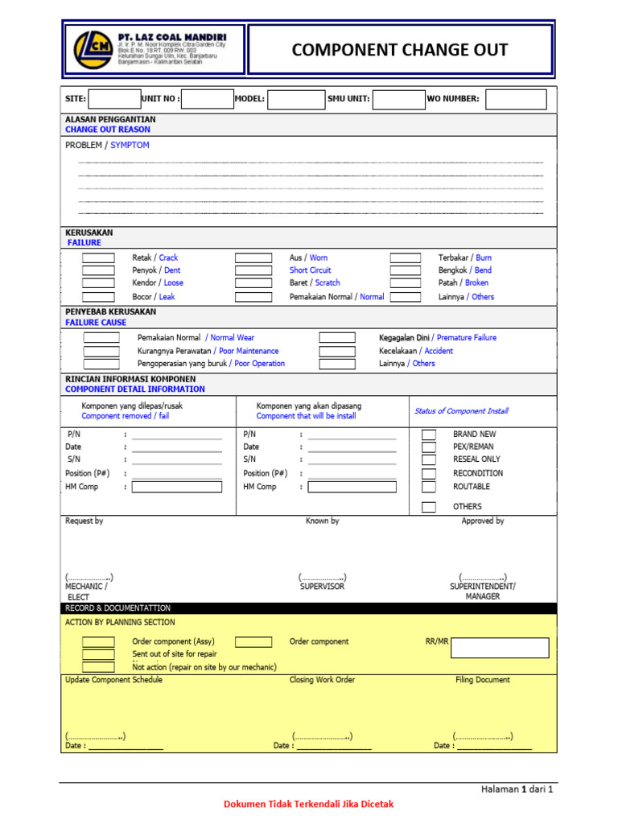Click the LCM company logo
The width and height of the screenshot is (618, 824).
click(x=93, y=49)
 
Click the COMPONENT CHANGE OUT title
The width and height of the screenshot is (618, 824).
click(x=399, y=50)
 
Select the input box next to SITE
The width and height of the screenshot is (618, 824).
click(x=114, y=99)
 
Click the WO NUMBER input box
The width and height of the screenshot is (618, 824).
click(x=516, y=99)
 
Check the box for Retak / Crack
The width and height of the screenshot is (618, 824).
click(x=98, y=258)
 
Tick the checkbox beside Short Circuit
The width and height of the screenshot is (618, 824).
click(x=253, y=270)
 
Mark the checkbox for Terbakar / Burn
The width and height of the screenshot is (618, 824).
click(x=406, y=258)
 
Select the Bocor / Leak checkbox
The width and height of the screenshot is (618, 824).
click(x=98, y=296)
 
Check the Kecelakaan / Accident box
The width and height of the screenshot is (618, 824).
click(x=337, y=351)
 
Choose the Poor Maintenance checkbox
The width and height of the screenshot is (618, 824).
click(x=101, y=351)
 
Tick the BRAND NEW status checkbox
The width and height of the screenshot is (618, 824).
click(x=429, y=435)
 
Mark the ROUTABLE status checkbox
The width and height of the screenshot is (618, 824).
click(x=429, y=487)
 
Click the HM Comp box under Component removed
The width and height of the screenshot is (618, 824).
click(x=176, y=487)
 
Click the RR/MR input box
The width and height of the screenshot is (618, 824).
click(x=500, y=648)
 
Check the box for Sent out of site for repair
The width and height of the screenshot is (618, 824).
click(x=98, y=654)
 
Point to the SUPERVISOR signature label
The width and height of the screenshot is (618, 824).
click(x=322, y=587)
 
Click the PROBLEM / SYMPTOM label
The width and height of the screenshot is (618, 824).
click(x=107, y=146)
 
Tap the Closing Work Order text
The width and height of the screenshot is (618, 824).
click(x=322, y=680)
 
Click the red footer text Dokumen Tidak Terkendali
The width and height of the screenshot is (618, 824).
click(x=308, y=804)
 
